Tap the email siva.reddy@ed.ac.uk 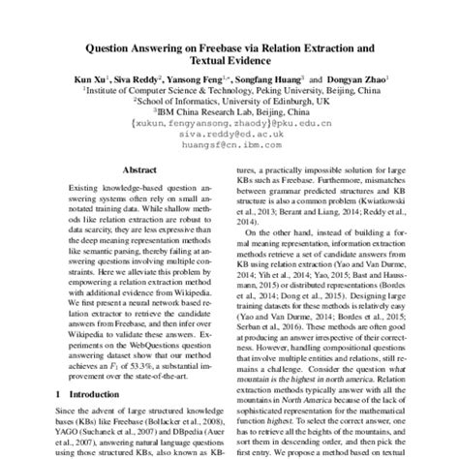(x=229, y=136)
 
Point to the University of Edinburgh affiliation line (x=229, y=98)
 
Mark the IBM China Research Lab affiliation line (x=229, y=110)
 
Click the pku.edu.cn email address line (x=229, y=124)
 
